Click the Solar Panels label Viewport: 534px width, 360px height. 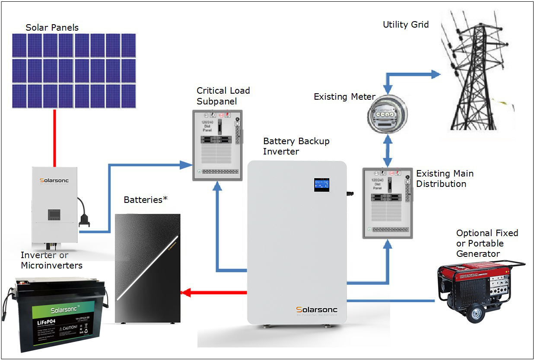point(52,28)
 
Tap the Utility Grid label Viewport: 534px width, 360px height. point(406,25)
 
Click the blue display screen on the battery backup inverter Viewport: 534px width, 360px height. point(322,184)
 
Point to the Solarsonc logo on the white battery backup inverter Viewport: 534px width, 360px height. point(317,310)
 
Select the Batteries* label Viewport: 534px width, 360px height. point(145,200)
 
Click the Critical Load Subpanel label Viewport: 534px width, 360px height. point(223,96)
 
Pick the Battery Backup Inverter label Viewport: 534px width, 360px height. point(296,146)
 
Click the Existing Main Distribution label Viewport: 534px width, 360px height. point(445,179)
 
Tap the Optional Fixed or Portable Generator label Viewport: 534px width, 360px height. point(487,243)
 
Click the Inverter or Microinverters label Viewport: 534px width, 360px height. point(51,260)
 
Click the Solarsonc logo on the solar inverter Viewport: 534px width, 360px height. point(54,180)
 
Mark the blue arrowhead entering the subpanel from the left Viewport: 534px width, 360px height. point(186,164)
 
